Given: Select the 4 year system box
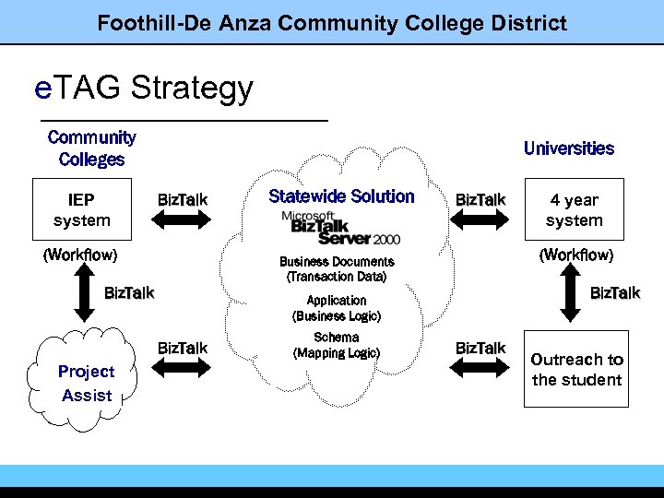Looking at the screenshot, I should pyautogui.click(x=574, y=209).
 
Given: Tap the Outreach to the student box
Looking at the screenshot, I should pyautogui.click(x=576, y=369).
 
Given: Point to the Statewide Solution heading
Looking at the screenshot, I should pyautogui.click(x=341, y=196).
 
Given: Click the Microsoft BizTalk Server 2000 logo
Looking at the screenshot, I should pyautogui.click(x=341, y=226).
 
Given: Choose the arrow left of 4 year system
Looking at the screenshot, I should pyautogui.click(x=480, y=219).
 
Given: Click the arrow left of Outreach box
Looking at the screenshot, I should pyautogui.click(x=480, y=367).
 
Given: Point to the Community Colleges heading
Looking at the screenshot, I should pyautogui.click(x=91, y=148).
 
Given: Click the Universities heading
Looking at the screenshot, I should pyautogui.click(x=568, y=148).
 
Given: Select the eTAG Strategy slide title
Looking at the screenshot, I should pyautogui.click(x=143, y=89).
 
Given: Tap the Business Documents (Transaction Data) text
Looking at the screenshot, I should pyautogui.click(x=337, y=269).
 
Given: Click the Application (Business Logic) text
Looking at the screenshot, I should pyautogui.click(x=337, y=308).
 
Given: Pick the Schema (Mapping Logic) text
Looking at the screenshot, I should pyautogui.click(x=337, y=346).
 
